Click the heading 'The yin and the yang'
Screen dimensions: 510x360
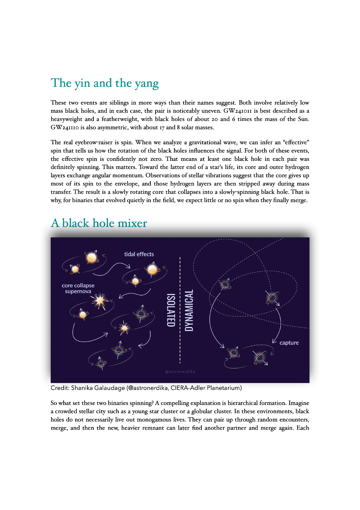104,83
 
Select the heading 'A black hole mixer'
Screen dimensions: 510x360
99,223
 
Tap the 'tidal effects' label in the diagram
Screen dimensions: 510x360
139,254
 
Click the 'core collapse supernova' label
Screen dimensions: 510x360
78,288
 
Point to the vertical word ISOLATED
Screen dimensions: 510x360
171,310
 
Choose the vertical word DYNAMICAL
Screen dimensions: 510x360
189,310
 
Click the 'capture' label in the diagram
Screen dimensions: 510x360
289,343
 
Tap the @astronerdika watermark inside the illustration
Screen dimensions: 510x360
180,372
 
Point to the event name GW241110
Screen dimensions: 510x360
65,127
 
